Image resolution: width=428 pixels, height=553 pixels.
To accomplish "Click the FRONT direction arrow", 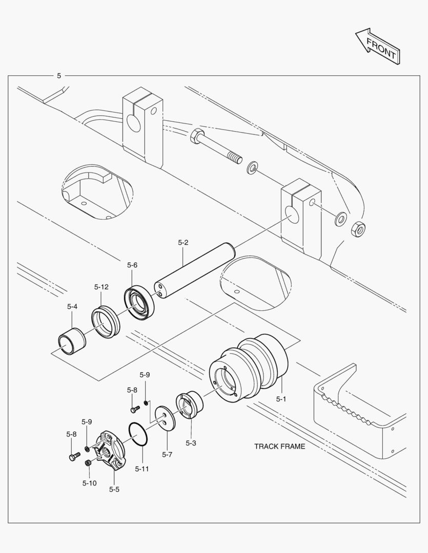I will coord(378,47).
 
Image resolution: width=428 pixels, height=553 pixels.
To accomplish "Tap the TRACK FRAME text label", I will coord(279,446).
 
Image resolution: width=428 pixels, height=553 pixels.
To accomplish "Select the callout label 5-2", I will coord(183,242).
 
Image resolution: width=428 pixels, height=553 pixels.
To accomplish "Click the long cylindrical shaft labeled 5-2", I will coord(195,272).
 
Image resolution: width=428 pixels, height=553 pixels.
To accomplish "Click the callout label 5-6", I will coord(132,265).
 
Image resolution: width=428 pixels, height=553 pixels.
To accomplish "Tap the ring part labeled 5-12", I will coord(106,322).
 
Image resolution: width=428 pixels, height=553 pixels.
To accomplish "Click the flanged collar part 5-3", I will coord(190,405).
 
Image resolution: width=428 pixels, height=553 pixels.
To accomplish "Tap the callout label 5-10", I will coord(89,482).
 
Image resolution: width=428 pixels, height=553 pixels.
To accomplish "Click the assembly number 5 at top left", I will coord(59,75).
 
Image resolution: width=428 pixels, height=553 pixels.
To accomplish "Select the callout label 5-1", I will coord(281,399).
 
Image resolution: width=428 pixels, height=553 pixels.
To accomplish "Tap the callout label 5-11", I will coord(142,469).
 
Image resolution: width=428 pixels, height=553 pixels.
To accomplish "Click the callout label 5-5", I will coord(114,490).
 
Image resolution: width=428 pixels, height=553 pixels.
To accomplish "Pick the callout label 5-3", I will coord(191,443).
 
